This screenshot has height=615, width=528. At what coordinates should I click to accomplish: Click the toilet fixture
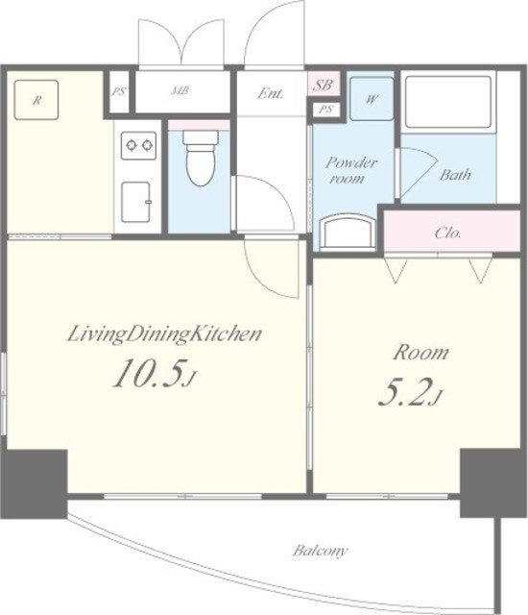pos(201,158)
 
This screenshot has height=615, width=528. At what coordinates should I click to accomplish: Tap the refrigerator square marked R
pos(36,100)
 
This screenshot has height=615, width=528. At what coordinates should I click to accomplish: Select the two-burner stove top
pos(138,145)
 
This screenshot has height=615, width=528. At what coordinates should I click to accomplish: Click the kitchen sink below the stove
pos(136,202)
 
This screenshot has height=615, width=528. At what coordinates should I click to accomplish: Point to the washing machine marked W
pos(372,98)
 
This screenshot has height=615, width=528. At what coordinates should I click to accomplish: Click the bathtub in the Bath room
pos(448,102)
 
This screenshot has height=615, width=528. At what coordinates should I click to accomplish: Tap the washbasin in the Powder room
pos(348,232)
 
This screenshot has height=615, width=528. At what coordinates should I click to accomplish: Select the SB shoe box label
pos(324,85)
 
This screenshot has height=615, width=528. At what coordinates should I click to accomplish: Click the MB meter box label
pos(180,91)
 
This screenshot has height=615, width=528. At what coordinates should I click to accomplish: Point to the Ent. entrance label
pos(270,93)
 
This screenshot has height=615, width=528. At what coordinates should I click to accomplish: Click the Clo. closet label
pos(447,233)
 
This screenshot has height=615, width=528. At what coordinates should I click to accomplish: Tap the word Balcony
pos(320,551)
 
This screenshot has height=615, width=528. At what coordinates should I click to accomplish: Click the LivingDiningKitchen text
pos(164,334)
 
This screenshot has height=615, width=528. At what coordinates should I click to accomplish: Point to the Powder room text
pos(349,170)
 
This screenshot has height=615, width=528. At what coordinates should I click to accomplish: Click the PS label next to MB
pos(119,92)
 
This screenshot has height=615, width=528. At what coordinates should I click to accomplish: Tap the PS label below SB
pos(325,109)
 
